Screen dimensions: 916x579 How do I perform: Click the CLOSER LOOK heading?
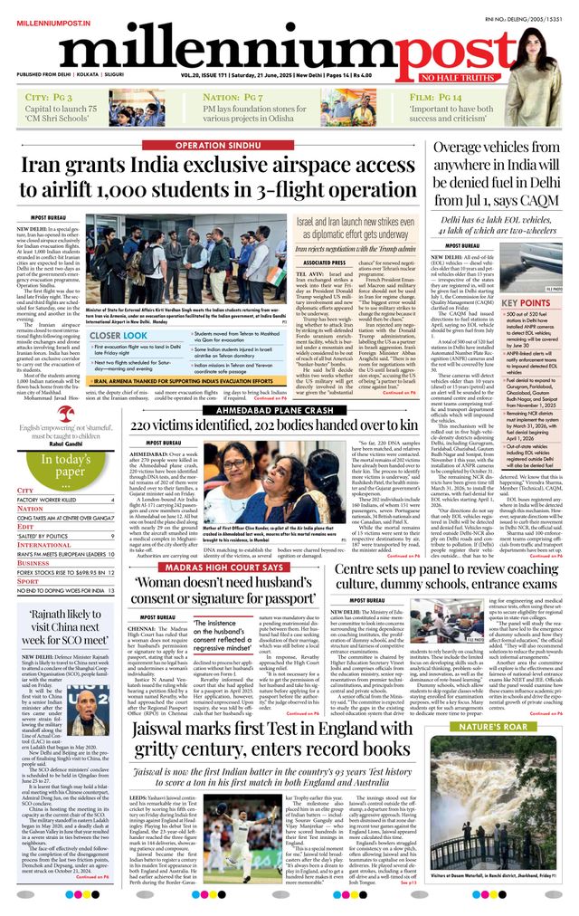click(x=119, y=335)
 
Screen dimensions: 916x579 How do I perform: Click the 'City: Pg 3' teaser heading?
click(x=50, y=96)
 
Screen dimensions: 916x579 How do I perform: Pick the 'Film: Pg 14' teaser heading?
click(x=435, y=96)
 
